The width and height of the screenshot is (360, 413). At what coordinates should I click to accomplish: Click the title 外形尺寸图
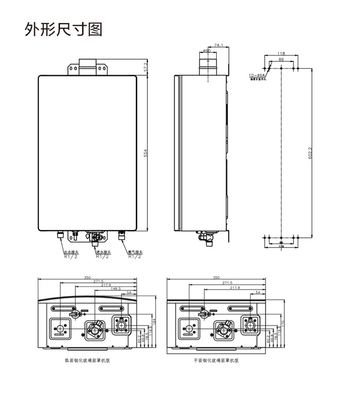click(63, 29)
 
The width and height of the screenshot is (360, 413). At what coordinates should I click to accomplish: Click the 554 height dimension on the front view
click(146, 153)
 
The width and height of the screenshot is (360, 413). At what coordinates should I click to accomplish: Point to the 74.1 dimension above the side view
click(219, 45)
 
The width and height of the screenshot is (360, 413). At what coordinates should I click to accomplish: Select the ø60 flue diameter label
click(206, 50)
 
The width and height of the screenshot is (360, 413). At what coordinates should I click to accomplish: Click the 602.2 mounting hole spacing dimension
click(310, 153)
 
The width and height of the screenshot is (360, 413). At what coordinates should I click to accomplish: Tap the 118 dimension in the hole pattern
click(281, 53)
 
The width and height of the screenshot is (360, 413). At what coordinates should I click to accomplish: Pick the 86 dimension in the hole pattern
click(281, 59)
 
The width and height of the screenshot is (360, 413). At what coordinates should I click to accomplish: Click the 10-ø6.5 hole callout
click(257, 75)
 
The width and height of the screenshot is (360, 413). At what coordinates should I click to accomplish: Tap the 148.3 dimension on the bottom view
click(116, 289)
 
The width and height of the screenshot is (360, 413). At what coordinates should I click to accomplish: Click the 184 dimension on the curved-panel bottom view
click(155, 320)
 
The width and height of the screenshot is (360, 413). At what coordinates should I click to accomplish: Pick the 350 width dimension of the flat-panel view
click(216, 278)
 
